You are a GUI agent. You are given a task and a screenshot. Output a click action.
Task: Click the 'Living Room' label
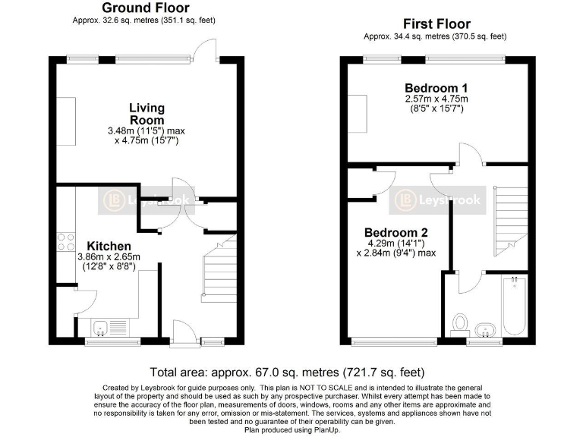(x=147, y=114)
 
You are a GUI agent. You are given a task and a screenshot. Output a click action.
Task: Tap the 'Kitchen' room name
(x=109, y=247)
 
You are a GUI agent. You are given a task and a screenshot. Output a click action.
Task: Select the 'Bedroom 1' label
(x=436, y=86)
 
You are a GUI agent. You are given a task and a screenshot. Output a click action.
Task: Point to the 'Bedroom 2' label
(x=395, y=232)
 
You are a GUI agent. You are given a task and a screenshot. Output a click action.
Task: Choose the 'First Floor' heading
(x=436, y=24)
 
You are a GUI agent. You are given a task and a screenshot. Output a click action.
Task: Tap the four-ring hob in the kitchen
(x=65, y=241)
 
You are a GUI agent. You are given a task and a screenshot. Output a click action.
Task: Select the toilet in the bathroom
(x=459, y=325)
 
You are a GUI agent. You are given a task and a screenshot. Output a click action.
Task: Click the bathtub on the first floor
(x=515, y=307)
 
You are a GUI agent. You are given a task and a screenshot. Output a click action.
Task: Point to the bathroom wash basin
(x=485, y=329)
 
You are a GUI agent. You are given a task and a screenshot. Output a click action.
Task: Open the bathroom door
(x=470, y=281)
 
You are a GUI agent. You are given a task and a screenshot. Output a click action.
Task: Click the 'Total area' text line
(x=287, y=373)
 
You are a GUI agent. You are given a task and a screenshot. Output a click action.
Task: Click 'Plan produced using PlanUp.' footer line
(x=291, y=429)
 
